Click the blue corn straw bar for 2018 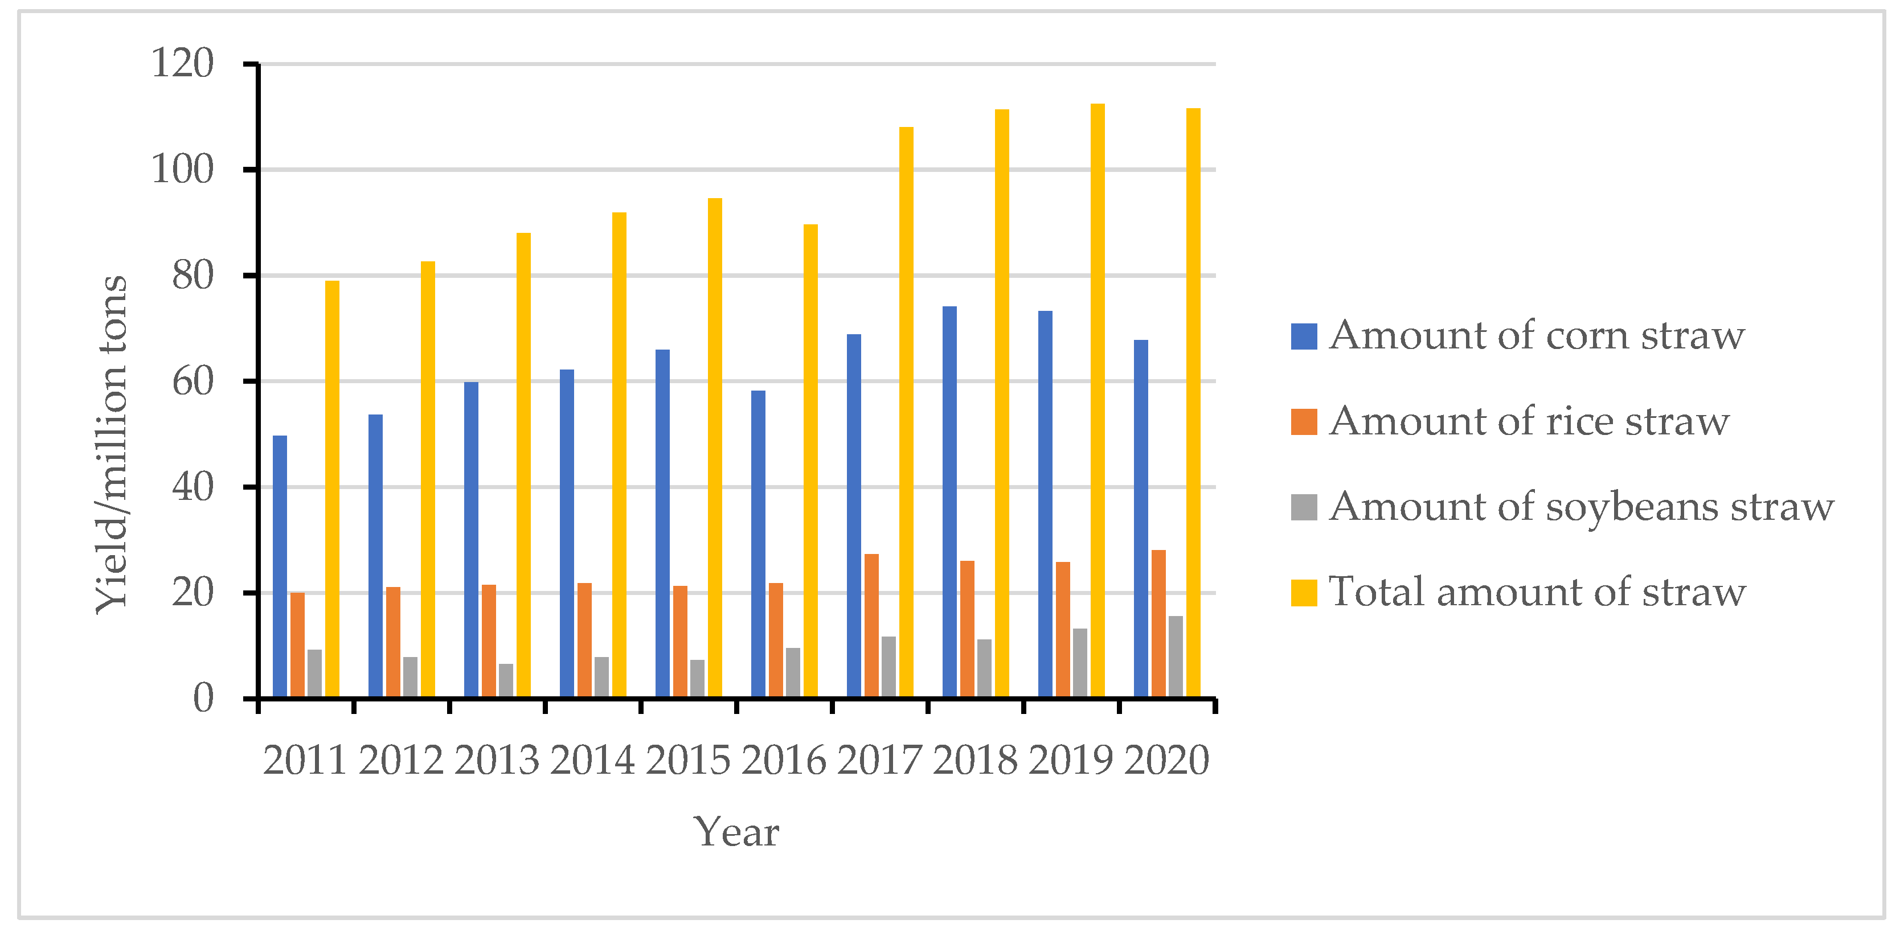[x=949, y=502]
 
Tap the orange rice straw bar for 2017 [x=871, y=625]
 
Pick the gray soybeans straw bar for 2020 [x=1176, y=656]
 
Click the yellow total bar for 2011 [x=332, y=489]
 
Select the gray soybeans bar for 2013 [x=506, y=680]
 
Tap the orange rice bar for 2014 [x=584, y=640]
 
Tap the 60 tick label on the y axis [x=193, y=382]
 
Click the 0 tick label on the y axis [x=203, y=698]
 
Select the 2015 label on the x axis [x=687, y=760]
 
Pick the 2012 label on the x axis [x=400, y=760]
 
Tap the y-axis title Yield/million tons [x=112, y=445]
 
